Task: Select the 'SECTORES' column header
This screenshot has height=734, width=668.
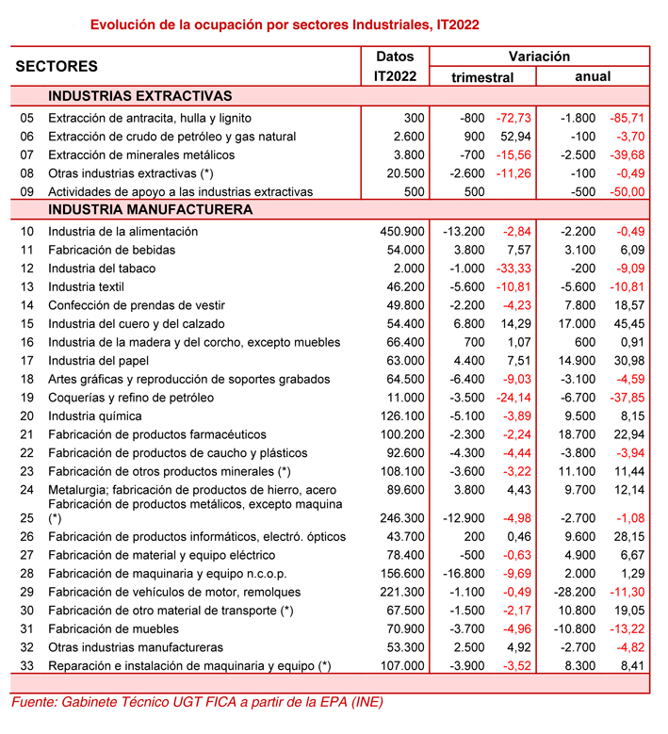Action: pyautogui.click(x=57, y=67)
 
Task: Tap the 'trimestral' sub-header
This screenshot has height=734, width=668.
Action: pyautogui.click(x=482, y=77)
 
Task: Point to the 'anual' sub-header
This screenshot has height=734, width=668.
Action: pyautogui.click(x=593, y=76)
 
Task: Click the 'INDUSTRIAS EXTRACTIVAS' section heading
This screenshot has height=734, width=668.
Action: pyautogui.click(x=139, y=96)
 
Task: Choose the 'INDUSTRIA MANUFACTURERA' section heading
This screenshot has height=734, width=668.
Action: pyautogui.click(x=150, y=209)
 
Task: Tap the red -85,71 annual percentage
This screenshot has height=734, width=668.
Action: pyautogui.click(x=626, y=118)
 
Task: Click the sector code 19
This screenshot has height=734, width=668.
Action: pyautogui.click(x=26, y=398)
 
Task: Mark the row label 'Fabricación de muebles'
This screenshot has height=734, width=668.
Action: pyautogui.click(x=113, y=628)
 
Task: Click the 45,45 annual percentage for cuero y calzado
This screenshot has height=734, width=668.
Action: pyautogui.click(x=628, y=323)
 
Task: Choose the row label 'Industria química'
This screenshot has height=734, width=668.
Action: pyautogui.click(x=95, y=416)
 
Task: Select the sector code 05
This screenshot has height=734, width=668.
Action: pyautogui.click(x=26, y=118)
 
